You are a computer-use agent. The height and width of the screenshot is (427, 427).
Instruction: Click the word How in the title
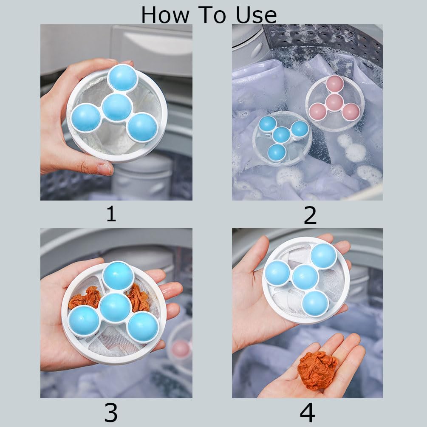point(165,15)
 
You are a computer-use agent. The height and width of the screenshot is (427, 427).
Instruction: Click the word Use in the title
point(256,15)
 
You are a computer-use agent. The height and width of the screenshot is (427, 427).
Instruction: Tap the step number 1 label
point(111,214)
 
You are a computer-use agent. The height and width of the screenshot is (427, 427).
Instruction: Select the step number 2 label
point(310,215)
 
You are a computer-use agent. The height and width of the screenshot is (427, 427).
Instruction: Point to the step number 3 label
point(111,412)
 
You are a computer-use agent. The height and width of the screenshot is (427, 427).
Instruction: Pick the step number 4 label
point(307,412)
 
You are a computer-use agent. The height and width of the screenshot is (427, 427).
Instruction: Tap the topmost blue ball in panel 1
point(122,78)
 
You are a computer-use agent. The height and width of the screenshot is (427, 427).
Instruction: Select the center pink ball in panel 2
point(334,102)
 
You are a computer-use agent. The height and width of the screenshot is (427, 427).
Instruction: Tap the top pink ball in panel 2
point(335,84)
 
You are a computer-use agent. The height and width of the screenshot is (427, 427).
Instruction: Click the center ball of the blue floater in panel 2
point(281,135)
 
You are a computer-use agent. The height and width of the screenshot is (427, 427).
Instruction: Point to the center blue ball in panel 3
point(116,308)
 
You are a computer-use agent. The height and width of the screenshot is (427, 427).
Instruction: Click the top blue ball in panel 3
point(118,276)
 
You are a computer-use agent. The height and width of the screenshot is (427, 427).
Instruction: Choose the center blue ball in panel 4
point(305,277)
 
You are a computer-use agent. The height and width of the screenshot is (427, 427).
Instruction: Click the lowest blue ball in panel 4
point(315,303)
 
